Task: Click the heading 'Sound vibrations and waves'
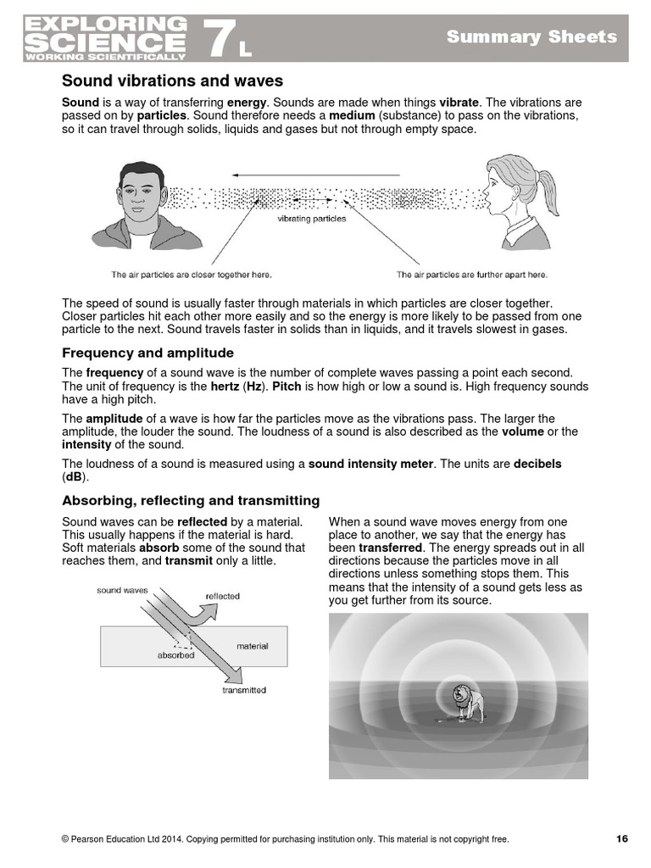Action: pos(172,81)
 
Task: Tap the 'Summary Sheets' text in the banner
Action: pos(532,36)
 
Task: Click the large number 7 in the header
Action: pos(219,38)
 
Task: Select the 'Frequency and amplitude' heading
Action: pos(147,353)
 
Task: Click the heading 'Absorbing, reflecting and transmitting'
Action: pos(191,500)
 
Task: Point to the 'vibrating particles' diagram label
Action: pos(312,219)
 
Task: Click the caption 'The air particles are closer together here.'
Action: pos(192,275)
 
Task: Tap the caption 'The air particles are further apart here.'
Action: pos(472,275)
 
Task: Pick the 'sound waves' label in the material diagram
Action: pos(122,590)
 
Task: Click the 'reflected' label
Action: pos(222,596)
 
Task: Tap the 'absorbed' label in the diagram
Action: pos(175,655)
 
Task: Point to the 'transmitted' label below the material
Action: pos(244,690)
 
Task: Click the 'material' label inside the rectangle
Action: pos(252,646)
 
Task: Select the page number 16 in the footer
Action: pos(621,839)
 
